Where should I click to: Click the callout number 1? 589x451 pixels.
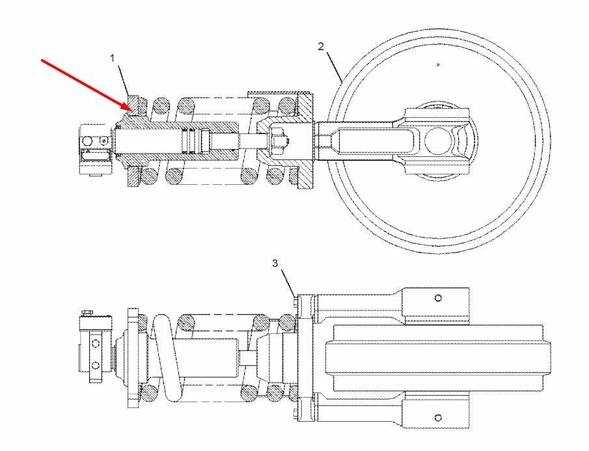(113, 58)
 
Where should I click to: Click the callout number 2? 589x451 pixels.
(320, 47)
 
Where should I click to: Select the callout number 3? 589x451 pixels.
(275, 264)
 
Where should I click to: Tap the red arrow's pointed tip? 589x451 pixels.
(131, 111)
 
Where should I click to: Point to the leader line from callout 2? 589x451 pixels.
(335, 67)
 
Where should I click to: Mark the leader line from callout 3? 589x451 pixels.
(288, 282)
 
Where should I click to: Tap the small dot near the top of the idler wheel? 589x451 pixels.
(437, 64)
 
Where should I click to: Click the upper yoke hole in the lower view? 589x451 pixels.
(438, 298)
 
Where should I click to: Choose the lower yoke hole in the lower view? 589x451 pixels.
(438, 417)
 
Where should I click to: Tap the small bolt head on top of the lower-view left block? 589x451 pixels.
(87, 312)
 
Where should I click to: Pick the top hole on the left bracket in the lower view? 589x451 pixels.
(96, 342)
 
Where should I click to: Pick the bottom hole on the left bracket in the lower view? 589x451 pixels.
(96, 365)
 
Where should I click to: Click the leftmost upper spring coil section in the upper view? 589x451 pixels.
(160, 105)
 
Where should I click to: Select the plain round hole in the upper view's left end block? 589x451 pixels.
(87, 141)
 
